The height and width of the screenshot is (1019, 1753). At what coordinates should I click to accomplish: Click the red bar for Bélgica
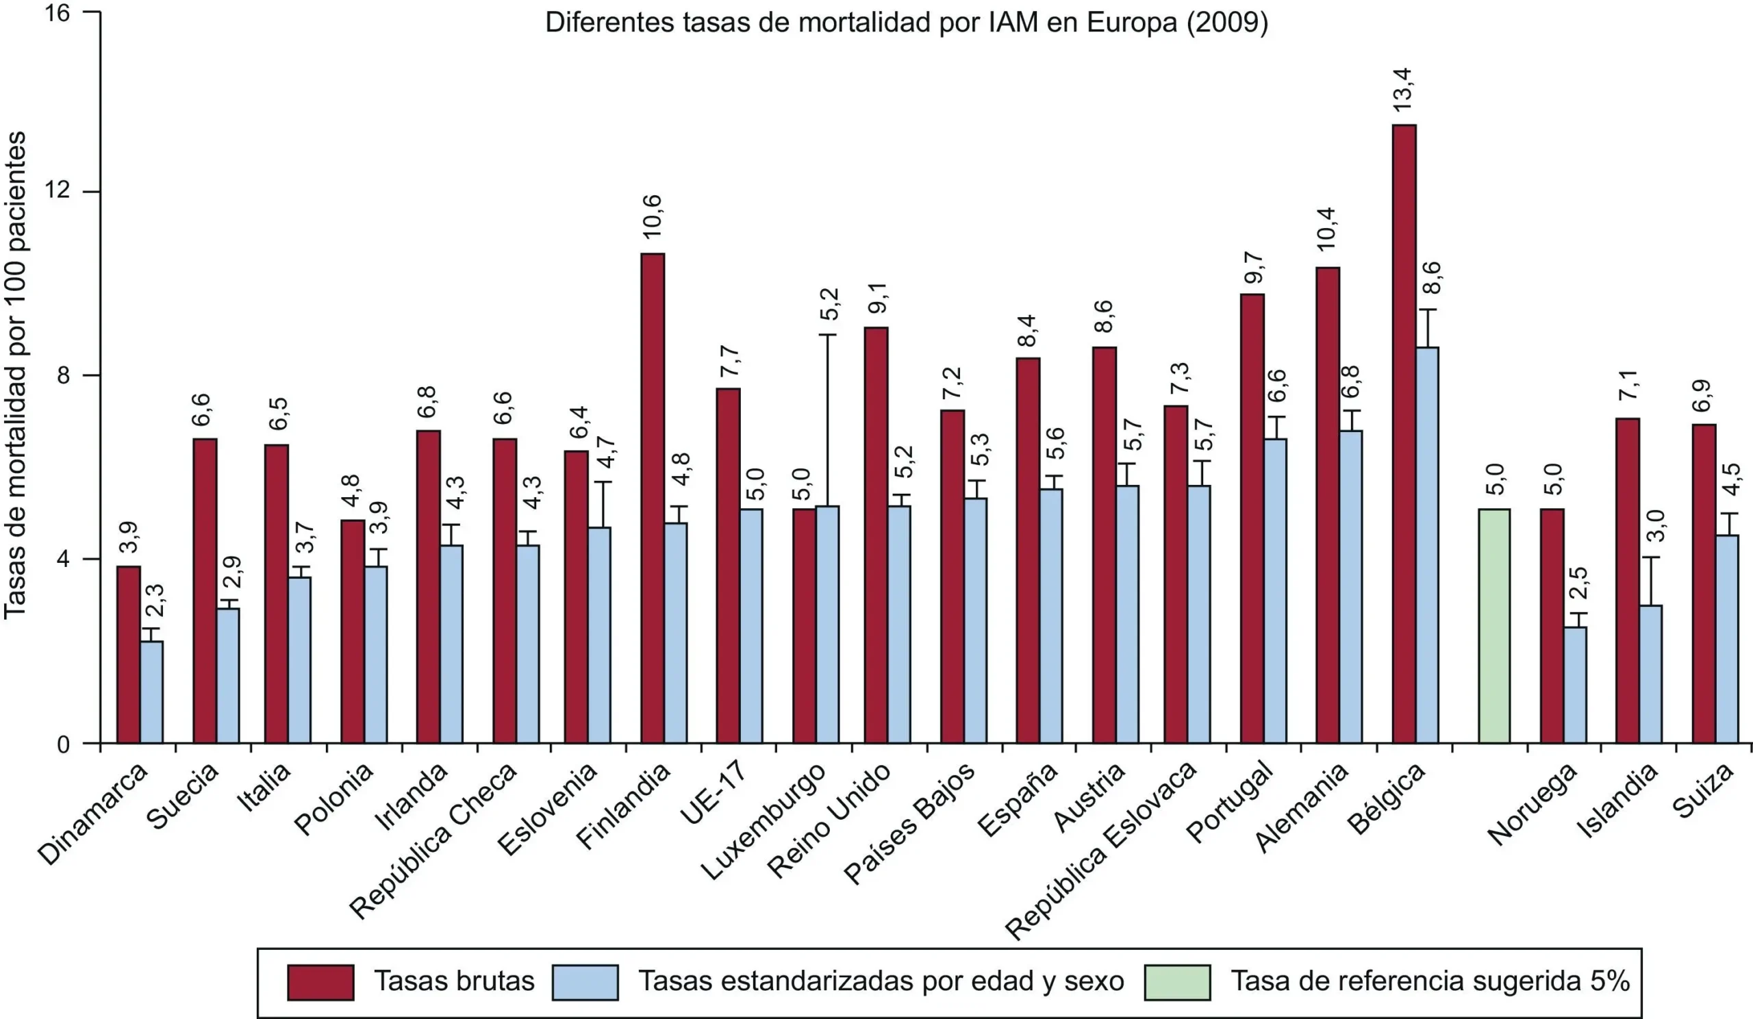1404,434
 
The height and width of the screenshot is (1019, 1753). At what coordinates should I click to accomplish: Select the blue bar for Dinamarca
151,692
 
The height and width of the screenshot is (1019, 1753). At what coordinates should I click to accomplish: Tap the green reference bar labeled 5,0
1494,626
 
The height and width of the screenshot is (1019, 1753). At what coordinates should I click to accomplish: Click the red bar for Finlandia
653,498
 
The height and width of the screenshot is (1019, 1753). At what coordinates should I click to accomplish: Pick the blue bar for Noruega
1575,685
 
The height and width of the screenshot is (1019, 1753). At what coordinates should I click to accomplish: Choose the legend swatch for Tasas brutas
320,982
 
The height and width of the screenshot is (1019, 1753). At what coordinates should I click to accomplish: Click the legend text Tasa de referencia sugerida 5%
1430,981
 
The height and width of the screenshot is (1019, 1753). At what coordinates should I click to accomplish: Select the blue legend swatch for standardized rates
585,982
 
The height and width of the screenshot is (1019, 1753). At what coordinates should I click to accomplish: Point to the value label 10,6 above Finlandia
653,217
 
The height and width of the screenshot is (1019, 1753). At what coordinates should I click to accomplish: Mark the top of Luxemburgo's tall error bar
827,336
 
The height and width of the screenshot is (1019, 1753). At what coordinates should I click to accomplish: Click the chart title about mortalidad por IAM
907,23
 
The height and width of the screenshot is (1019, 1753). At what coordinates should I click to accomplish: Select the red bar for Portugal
1252,518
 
